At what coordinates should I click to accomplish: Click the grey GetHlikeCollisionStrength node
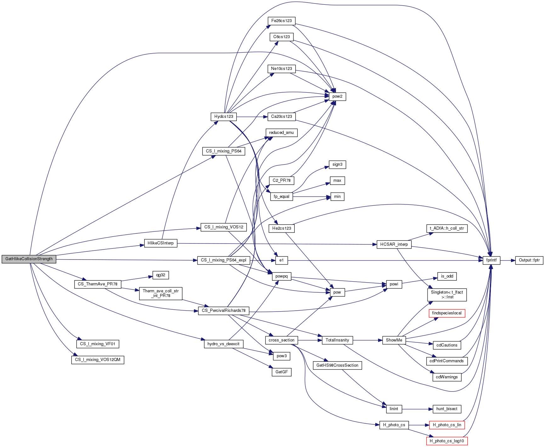tap(29, 259)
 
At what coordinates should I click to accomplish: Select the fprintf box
tap(491, 260)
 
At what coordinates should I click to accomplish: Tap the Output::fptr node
tap(529, 260)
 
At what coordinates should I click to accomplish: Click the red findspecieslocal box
tap(447, 313)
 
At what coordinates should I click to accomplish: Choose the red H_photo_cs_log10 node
tap(447, 441)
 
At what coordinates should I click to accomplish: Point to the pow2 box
tap(337, 96)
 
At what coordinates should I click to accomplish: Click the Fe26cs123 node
tap(281, 21)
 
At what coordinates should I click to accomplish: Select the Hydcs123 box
tap(224, 117)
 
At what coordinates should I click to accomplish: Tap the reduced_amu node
tap(281, 133)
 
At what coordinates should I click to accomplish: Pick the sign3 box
tap(337, 164)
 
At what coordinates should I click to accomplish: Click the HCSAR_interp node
tap(394, 244)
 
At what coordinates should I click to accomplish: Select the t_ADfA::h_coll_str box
tap(447, 228)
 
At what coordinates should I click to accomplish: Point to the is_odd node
tap(447, 276)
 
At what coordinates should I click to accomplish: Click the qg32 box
tap(161, 275)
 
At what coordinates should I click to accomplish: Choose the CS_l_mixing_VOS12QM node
tap(98, 360)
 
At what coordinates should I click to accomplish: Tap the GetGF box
tap(281, 372)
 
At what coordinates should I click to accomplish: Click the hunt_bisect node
tap(447, 409)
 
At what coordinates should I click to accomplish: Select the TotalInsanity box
tap(337, 340)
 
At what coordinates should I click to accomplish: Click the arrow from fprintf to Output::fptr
tap(508, 261)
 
